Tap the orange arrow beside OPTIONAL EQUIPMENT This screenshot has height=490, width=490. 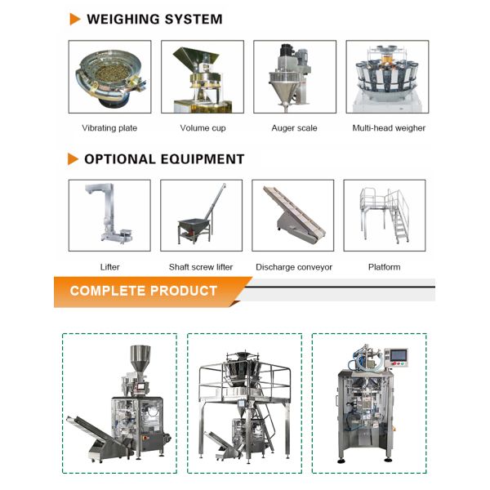73,158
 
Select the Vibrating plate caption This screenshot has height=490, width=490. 109,128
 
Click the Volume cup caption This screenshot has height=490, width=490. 203,128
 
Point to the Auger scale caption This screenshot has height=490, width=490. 294,128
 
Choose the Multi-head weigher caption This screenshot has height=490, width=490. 389,128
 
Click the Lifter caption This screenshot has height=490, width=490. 109,267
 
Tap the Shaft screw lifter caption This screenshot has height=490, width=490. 201,267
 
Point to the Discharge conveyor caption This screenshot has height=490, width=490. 294,267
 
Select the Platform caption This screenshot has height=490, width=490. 384,267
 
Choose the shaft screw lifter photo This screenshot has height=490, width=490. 201,216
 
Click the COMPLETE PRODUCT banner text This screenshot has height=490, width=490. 144,291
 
